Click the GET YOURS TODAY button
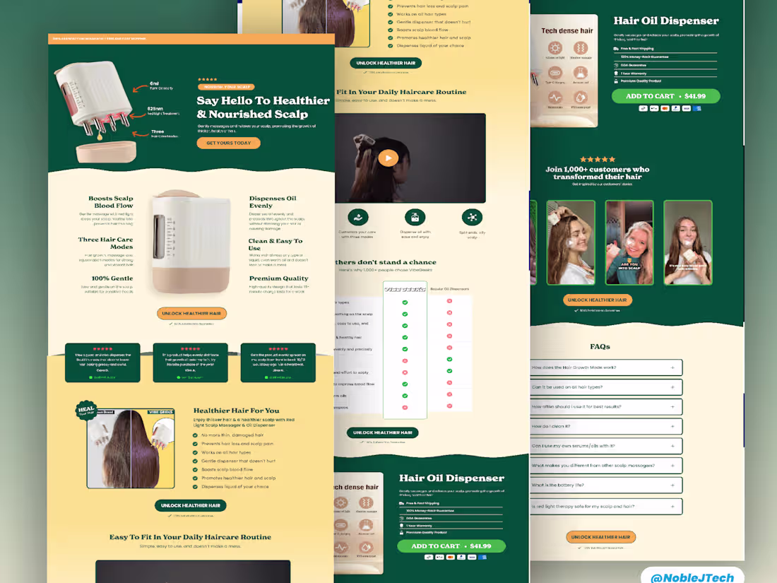(228, 143)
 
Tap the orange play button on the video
(388, 158)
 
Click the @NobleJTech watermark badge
(692, 577)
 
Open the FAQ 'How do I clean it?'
(606, 426)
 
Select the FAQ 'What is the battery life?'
(606, 485)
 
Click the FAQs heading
(600, 346)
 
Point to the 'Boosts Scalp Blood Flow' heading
(110, 202)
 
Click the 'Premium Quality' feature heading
(278, 278)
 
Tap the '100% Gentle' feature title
(112, 278)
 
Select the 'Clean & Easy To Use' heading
(275, 245)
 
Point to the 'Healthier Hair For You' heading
(236, 411)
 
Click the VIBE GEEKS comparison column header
(405, 288)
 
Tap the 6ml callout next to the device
(154, 84)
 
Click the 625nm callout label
(155, 109)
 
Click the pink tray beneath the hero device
(106, 152)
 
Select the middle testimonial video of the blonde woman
(629, 242)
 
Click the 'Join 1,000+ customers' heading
(597, 173)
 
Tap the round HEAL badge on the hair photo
(86, 411)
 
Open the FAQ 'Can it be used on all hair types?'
(606, 387)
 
